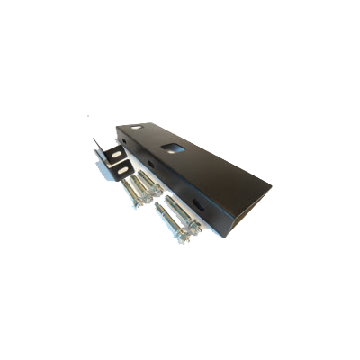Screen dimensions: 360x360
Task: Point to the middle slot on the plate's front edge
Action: [150, 165]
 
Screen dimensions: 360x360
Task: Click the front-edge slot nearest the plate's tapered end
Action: [198, 204]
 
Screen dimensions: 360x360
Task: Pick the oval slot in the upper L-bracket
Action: [115, 154]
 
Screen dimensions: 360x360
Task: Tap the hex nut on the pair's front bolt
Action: [182, 236]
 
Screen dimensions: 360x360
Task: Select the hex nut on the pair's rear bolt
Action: [193, 224]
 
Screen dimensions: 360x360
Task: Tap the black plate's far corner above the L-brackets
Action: [118, 126]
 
